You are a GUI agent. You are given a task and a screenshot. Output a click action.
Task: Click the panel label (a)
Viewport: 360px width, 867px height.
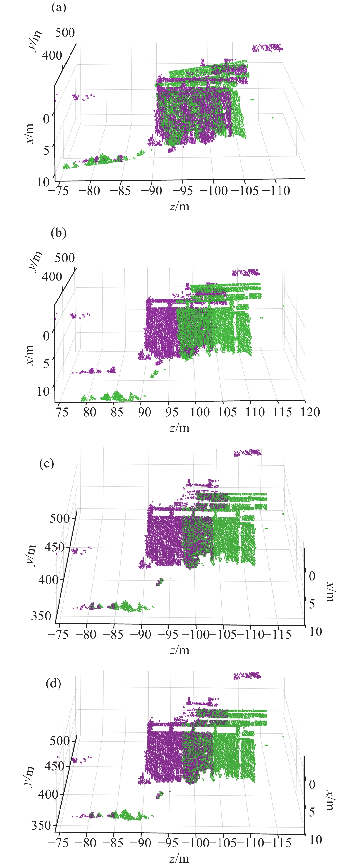(59, 7)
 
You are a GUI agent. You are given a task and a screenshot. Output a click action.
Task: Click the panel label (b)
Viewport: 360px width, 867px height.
(59, 233)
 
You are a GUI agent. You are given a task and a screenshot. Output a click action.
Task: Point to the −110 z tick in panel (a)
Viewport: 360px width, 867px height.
(276, 191)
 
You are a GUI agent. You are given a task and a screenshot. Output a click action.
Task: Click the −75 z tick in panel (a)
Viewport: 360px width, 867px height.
(59, 191)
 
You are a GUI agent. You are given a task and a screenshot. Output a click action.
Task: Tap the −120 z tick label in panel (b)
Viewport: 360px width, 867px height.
(306, 412)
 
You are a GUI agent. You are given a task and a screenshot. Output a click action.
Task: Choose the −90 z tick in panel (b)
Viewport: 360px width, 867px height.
(141, 412)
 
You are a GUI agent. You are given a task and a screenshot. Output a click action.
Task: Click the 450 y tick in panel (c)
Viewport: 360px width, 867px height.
(54, 547)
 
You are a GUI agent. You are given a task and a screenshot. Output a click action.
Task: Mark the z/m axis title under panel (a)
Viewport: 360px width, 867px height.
(179, 206)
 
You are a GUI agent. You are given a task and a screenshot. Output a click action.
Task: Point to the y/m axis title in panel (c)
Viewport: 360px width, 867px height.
(31, 555)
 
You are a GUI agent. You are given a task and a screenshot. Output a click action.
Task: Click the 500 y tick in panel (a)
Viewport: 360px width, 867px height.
(65, 33)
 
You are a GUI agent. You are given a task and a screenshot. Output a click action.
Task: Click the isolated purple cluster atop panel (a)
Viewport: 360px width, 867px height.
(268, 47)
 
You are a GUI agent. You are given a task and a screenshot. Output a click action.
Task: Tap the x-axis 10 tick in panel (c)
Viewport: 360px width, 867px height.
(316, 632)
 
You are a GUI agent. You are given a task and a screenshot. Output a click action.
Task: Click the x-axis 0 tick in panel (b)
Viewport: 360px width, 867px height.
(46, 336)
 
